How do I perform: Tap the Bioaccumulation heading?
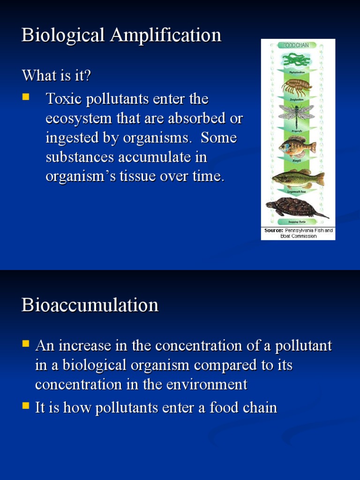[90, 306]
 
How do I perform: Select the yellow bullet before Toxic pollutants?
[25, 97]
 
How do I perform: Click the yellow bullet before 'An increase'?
[25, 345]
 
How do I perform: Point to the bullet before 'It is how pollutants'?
[25, 406]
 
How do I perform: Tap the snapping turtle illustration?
[295, 207]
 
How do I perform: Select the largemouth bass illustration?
[298, 178]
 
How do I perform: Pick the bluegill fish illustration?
[297, 147]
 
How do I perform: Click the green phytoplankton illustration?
[296, 60]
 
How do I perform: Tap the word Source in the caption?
[273, 231]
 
